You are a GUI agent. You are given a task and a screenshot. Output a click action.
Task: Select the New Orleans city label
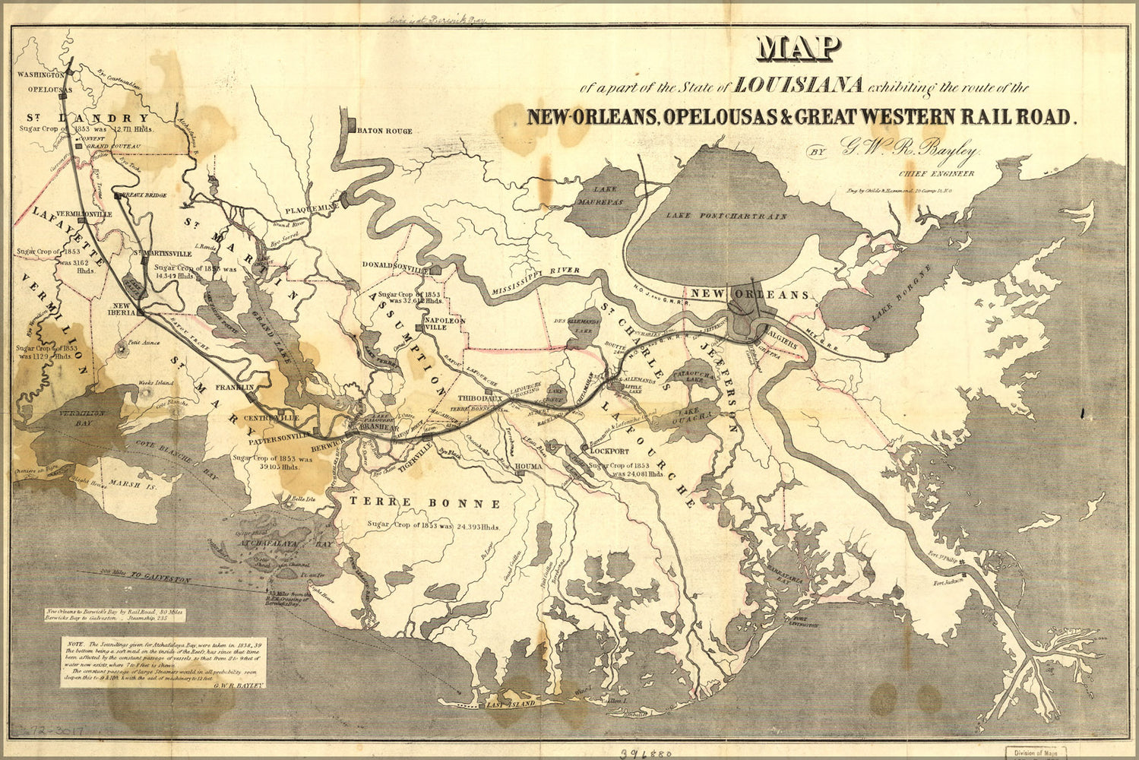click(749, 294)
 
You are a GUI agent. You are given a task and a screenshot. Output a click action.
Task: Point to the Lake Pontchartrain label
click(726, 216)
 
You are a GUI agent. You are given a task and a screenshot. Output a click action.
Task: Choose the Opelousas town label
click(40, 89)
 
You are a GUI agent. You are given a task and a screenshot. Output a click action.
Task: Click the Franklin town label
click(233, 388)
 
